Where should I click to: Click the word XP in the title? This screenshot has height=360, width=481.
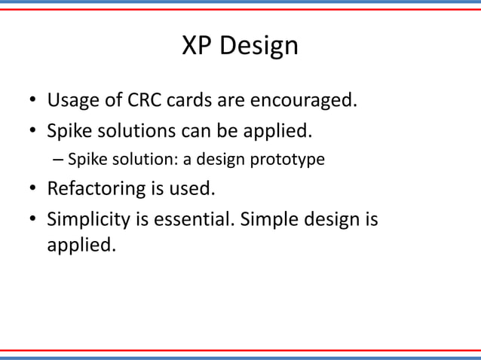point(198,47)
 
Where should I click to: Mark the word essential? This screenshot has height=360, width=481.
point(189,219)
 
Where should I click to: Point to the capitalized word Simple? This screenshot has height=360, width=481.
point(265,220)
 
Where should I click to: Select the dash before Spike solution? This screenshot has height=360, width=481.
point(58,159)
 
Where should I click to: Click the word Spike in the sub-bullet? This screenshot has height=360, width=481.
point(84,159)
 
